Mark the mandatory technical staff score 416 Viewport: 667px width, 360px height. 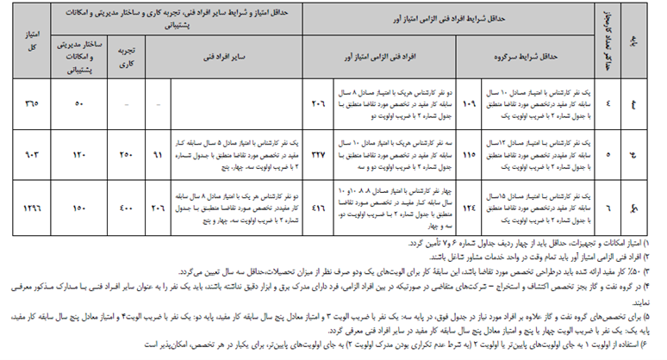318,208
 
